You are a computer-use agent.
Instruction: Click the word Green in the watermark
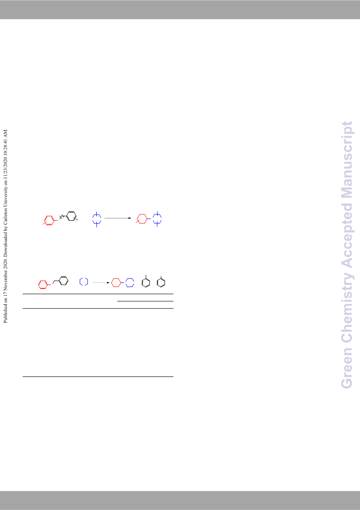pos(346,368)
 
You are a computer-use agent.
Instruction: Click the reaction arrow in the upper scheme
pos(118,218)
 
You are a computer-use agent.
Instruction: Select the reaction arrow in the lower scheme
pos(101,282)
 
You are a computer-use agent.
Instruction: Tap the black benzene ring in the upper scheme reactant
pos(72,216)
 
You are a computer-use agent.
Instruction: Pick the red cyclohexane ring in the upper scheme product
pos(143,218)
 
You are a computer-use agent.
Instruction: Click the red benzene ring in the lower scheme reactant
pos(43,285)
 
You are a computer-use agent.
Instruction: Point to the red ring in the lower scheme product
pos(116,282)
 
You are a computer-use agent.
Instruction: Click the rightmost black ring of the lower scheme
pos(161,282)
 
